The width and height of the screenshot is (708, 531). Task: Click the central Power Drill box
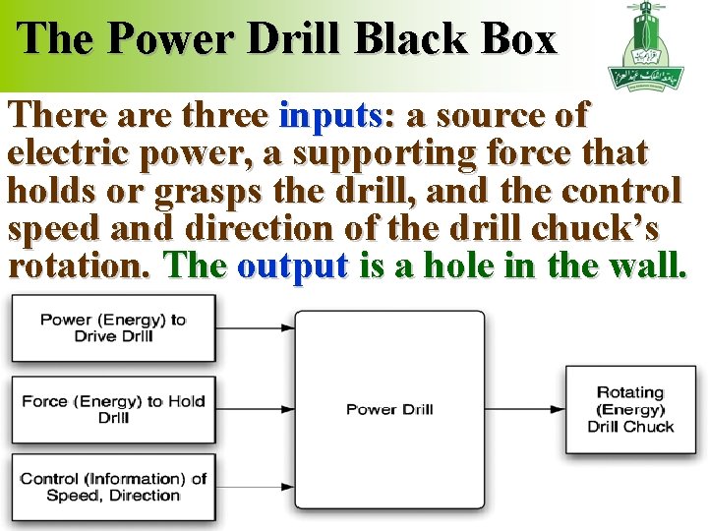[389, 409]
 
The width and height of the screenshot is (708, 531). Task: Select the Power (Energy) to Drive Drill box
[113, 327]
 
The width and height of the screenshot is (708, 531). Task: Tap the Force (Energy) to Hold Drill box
[113, 409]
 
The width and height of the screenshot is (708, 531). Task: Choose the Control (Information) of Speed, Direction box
[113, 487]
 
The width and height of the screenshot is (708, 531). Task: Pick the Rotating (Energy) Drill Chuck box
[630, 409]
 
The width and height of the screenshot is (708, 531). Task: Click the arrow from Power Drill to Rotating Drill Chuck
[525, 409]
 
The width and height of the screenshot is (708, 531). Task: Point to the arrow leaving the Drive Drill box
[256, 327]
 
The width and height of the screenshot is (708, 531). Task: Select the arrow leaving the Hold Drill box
[256, 409]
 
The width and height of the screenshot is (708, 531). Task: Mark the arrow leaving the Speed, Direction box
[256, 487]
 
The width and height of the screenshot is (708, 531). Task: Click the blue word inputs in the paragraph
[335, 117]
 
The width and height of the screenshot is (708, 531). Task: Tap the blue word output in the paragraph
[293, 266]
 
